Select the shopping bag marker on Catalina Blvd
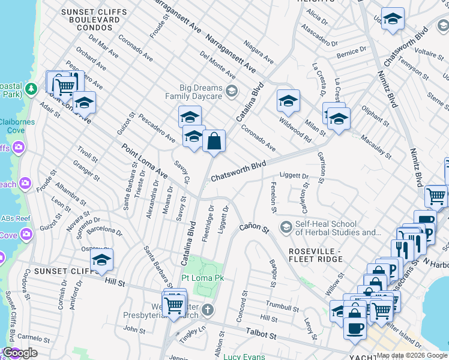tap(214, 143)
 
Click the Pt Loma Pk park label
tap(203, 278)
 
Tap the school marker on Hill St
tap(102, 261)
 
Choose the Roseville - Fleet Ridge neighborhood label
tap(316, 254)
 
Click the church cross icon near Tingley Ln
tap(207, 310)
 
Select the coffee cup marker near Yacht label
tap(355, 328)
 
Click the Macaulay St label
tap(376, 147)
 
